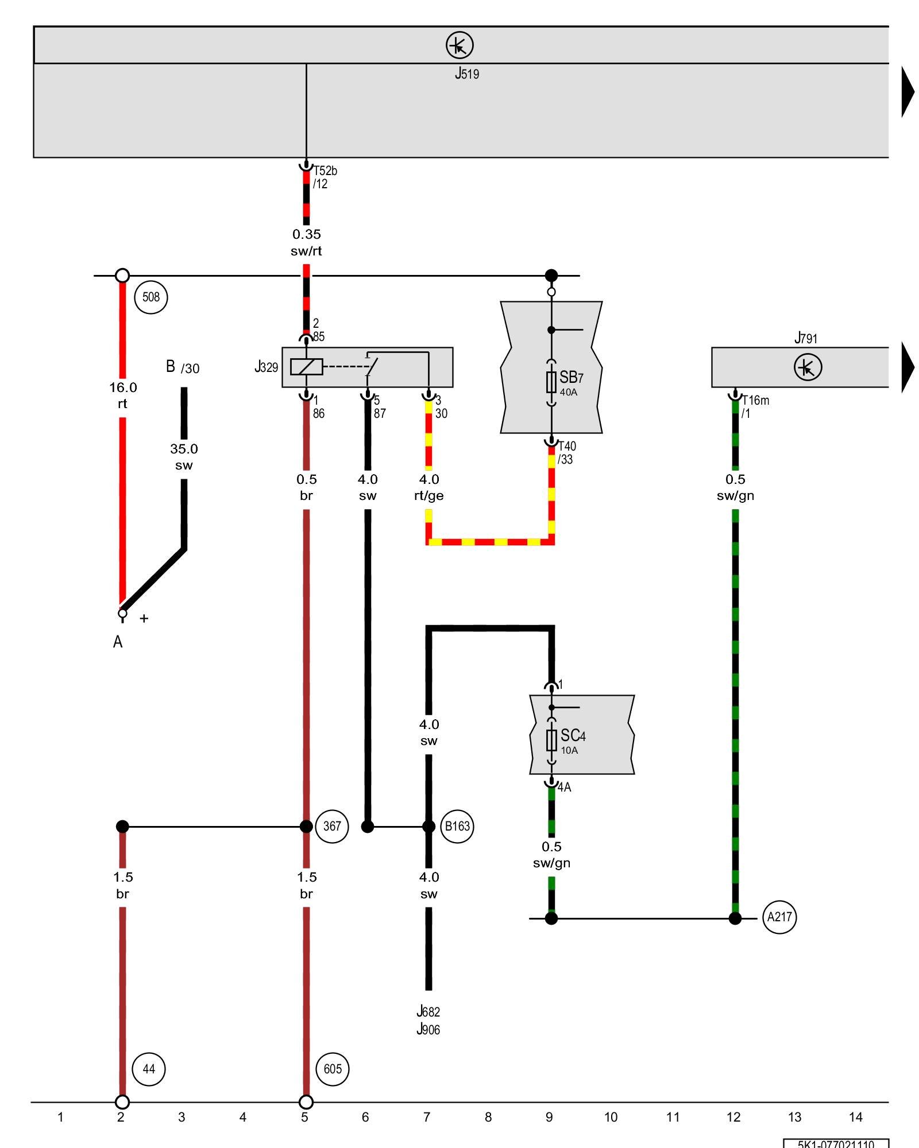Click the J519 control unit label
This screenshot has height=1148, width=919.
click(x=466, y=73)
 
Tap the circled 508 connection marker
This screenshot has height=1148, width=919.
click(x=151, y=297)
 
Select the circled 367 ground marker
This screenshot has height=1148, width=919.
click(x=332, y=826)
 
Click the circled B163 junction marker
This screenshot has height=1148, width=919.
click(x=457, y=826)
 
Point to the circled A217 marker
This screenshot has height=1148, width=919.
click(x=779, y=917)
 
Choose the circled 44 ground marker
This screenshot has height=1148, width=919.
click(x=149, y=1069)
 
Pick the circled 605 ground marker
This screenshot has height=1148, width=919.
click(x=333, y=1069)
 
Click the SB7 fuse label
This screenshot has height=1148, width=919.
click(x=571, y=378)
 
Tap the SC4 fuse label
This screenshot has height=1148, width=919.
click(x=573, y=736)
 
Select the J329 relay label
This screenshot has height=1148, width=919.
click(x=267, y=367)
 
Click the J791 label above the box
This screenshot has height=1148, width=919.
click(x=805, y=338)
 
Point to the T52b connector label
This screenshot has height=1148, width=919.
click(x=325, y=171)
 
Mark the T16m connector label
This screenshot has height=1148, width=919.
click(x=755, y=401)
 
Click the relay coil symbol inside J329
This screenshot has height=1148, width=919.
click(x=306, y=367)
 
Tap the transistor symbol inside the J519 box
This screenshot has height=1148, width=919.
click(x=459, y=45)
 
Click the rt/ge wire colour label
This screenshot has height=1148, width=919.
click(x=428, y=495)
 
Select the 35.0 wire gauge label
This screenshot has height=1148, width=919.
click(x=184, y=449)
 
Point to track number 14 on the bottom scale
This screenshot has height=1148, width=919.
click(x=855, y=1117)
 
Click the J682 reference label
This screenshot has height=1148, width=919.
click(x=428, y=1011)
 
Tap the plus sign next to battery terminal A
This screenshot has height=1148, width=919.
click(x=144, y=618)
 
